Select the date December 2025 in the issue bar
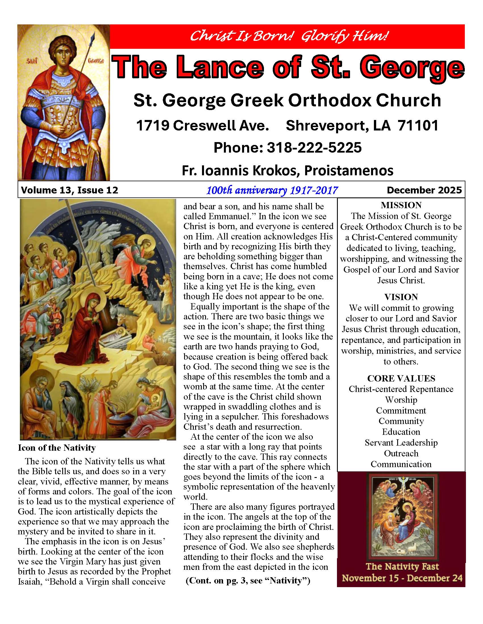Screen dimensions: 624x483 pos(424,190)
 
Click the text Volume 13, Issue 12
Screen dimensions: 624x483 pos(70,190)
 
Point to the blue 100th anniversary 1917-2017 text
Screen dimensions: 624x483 pos(272,190)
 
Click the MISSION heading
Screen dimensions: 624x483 pos(401,205)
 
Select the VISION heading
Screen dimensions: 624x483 pos(401,297)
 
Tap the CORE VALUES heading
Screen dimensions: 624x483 pos(401,378)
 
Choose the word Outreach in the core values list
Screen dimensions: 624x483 pos(401,454)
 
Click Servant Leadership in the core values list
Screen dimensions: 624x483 pos(401,442)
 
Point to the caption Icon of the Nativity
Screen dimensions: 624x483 pos(57,448)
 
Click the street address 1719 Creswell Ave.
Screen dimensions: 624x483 pos(202,126)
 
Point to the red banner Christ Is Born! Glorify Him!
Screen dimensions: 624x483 pos(287,36)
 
